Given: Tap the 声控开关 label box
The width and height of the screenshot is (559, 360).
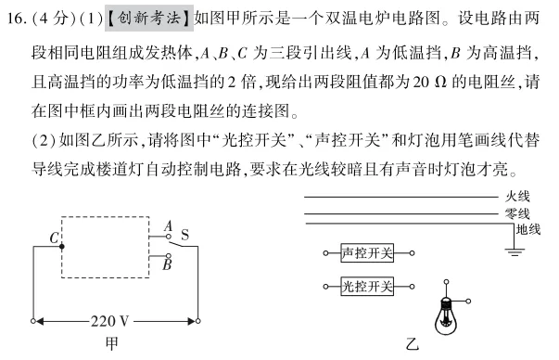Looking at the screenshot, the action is click(x=367, y=252).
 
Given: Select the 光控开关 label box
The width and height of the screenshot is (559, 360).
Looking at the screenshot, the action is click(x=367, y=287).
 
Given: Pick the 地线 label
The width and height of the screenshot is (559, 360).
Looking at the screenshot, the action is click(x=528, y=228).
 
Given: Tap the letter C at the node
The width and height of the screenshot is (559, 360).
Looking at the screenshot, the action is click(x=54, y=239).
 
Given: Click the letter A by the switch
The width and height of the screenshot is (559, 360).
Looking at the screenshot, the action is click(x=167, y=225).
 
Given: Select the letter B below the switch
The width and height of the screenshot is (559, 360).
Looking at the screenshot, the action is click(x=167, y=264).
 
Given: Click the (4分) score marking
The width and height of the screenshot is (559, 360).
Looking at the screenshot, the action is click(x=55, y=17).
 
